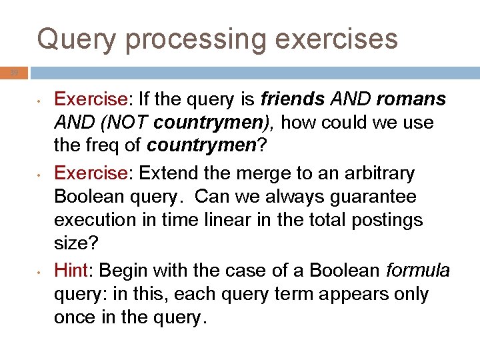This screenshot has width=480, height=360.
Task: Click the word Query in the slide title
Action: click(77, 39)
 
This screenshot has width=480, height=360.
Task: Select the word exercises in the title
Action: click(337, 39)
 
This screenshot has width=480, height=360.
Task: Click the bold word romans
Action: click(411, 99)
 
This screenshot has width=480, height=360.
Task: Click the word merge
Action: click(259, 173)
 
